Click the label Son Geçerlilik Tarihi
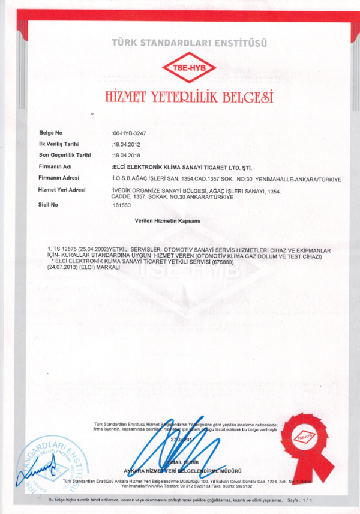point(64,155)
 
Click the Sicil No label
point(49,205)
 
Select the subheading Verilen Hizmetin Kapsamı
point(167,221)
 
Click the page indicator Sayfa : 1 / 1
point(300,500)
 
